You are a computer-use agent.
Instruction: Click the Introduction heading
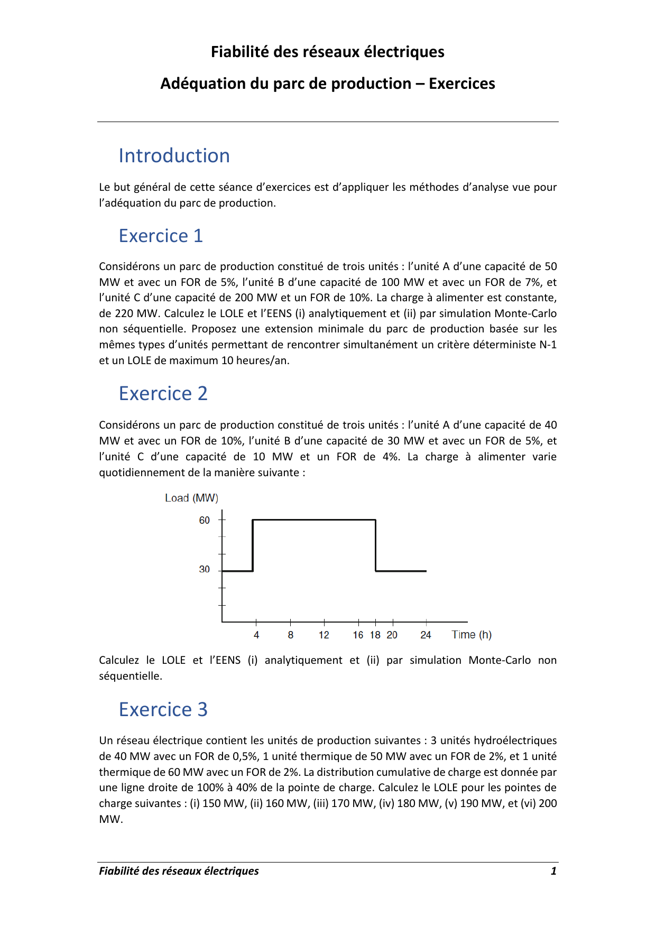coord(174,156)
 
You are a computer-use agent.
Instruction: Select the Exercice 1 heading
coord(161,236)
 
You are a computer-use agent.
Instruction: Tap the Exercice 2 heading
coord(163,394)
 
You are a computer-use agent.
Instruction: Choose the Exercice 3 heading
coord(163,709)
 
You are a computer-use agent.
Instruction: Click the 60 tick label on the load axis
coord(205,521)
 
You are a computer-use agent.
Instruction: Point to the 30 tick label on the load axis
coord(205,570)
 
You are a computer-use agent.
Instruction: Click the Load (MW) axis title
coord(191,498)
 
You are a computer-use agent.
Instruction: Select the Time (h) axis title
coord(472,635)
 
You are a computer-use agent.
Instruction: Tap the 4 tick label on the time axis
coord(256,635)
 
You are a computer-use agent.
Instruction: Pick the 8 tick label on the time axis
coord(291,635)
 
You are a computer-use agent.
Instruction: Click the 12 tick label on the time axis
coord(324,635)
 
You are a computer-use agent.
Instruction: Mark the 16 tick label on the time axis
coord(358,635)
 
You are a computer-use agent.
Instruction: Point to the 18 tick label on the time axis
coord(375,635)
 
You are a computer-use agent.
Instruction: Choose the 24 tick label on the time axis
coord(426,635)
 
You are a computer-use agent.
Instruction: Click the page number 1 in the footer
coord(553,871)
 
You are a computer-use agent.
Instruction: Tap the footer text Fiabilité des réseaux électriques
coord(179,871)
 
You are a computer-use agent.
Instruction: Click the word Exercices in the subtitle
coord(461,84)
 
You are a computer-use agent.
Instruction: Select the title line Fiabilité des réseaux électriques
coord(328,52)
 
